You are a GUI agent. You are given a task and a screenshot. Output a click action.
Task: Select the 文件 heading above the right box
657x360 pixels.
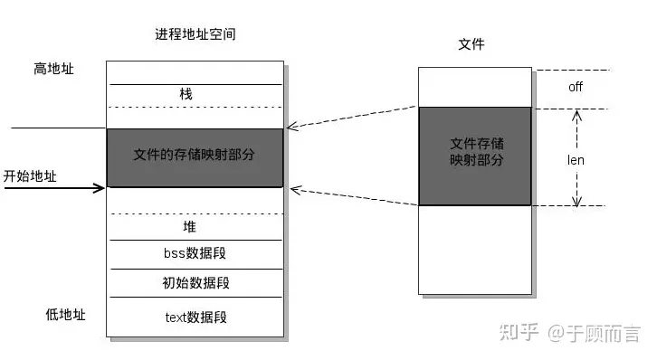pos(471,43)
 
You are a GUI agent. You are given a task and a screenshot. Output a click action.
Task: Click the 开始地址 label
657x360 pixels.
pos(30,175)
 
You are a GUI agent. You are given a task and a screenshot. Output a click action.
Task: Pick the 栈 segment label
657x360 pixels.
pos(186,93)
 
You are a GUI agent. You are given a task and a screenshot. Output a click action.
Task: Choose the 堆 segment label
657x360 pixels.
pos(189,227)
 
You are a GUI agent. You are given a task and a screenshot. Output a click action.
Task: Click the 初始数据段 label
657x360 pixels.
pos(195,283)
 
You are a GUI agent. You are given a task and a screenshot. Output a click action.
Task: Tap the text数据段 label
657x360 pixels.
pos(195,317)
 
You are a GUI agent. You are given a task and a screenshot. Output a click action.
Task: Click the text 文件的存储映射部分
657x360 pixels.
pos(194,155)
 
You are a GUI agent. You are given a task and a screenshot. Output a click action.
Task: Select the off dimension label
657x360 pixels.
pos(575,87)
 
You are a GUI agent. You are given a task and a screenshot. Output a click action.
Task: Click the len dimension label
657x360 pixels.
pos(576,159)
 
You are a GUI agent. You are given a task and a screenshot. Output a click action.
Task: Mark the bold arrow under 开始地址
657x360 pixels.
pos(54,188)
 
